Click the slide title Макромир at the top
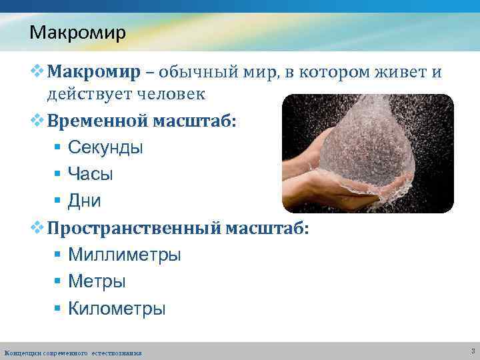77,32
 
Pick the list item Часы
91,174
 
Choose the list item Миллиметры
124,255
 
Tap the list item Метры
97,281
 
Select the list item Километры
117,309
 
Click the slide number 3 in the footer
472,351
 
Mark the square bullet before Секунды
59,148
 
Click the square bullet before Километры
59,309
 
